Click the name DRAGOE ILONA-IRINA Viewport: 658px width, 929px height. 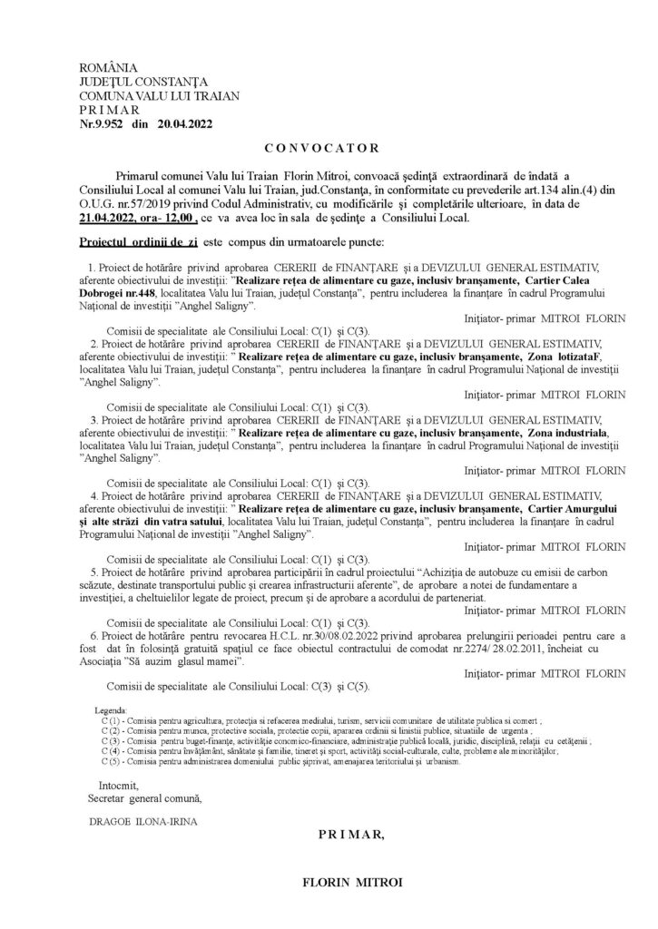[x=138, y=824]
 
